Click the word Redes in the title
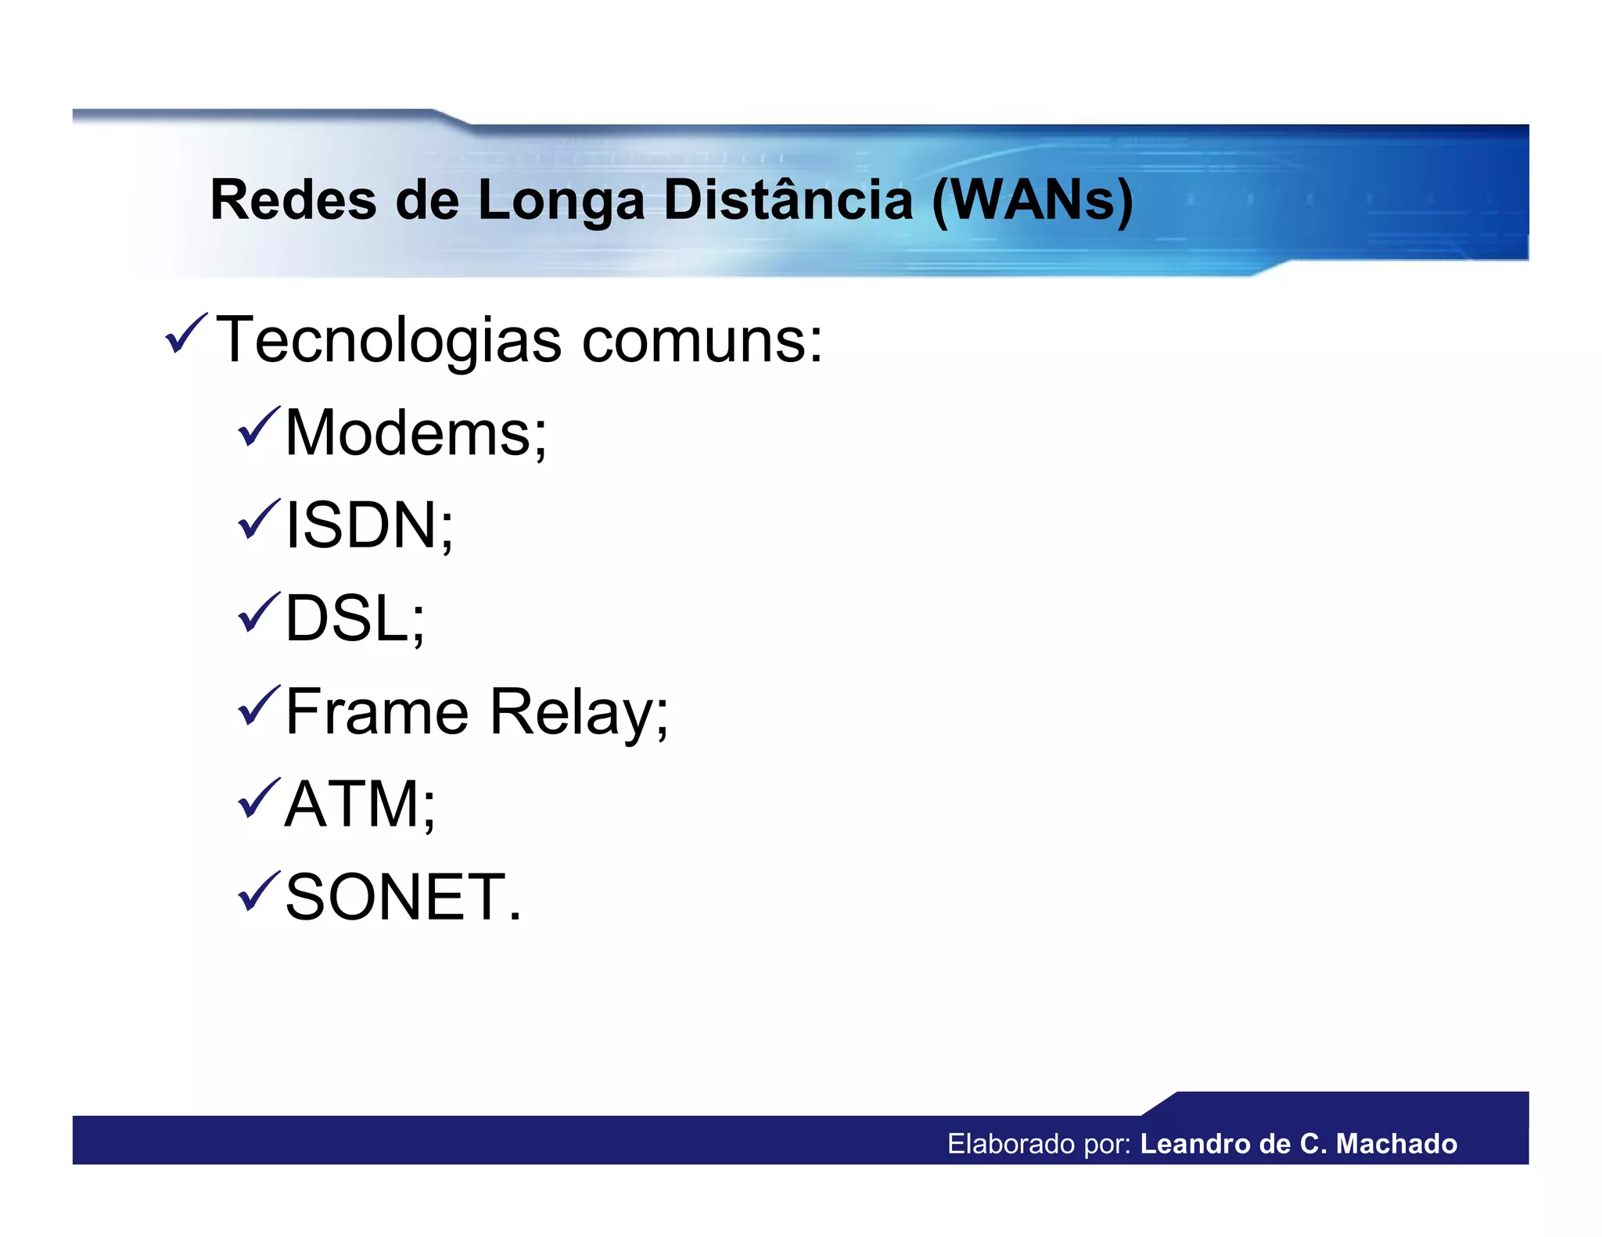(x=293, y=200)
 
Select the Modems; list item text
(x=415, y=433)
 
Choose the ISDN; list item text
(x=368, y=525)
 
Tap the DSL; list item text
(x=354, y=618)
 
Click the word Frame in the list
(x=376, y=712)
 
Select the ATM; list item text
(x=360, y=805)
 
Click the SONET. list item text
(x=402, y=898)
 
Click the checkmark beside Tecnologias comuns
(x=185, y=334)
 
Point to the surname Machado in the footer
(x=1396, y=1144)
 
